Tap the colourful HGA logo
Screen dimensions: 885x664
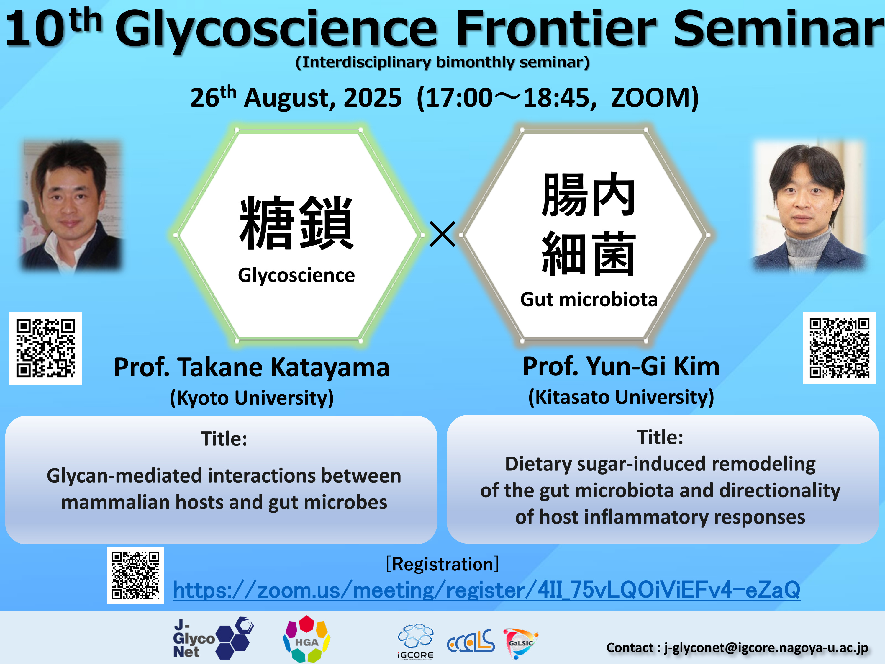click(x=307, y=639)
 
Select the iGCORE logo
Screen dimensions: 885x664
click(x=416, y=641)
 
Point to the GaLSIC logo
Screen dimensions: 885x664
click(x=520, y=643)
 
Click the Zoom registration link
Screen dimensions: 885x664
click(x=486, y=590)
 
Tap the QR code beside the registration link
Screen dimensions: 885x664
click(x=135, y=575)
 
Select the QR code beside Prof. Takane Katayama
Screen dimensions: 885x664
click(x=46, y=348)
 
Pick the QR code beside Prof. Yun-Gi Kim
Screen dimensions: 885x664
click(x=839, y=348)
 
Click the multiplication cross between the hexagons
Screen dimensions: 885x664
click(x=442, y=234)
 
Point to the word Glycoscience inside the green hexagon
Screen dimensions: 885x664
click(x=296, y=275)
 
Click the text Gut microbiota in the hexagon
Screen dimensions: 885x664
click(x=589, y=299)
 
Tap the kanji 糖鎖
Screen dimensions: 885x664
click(x=296, y=223)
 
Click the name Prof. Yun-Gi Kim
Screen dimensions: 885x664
click(x=621, y=366)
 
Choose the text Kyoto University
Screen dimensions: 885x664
click(x=252, y=398)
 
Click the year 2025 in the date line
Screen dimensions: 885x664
click(x=373, y=98)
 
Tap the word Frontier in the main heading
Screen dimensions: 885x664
click(x=556, y=29)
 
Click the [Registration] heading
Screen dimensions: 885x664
click(x=442, y=564)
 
